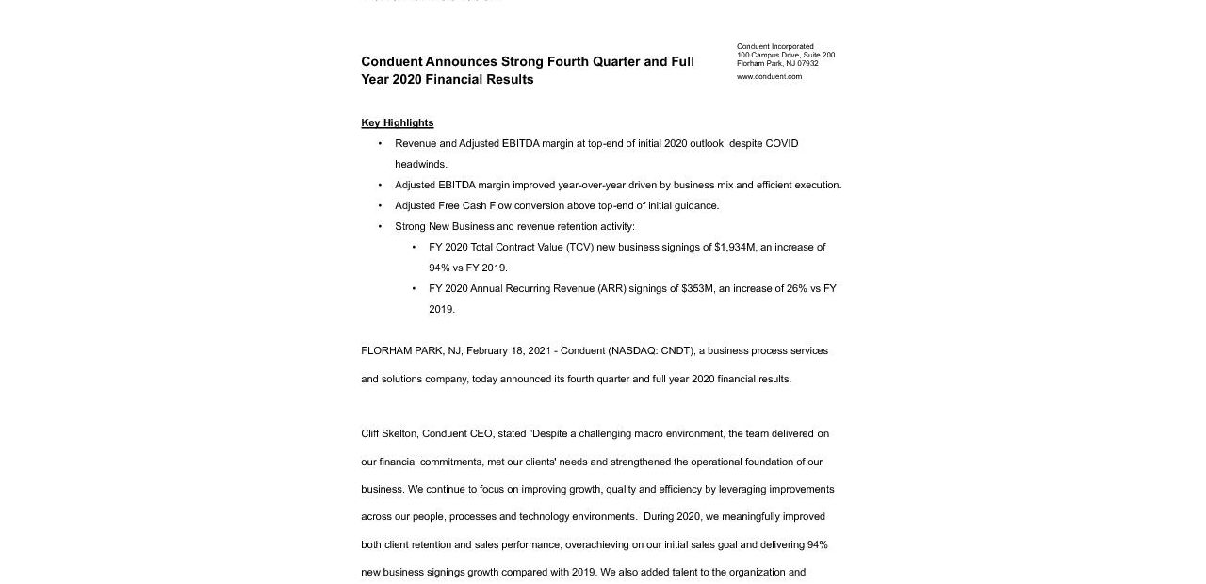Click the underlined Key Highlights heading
[397, 122]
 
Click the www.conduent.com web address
[769, 76]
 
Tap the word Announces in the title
[461, 61]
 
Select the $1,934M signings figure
[735, 247]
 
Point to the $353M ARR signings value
[697, 288]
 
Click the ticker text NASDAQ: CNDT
[651, 350]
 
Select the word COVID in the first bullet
[781, 143]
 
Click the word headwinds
[420, 164]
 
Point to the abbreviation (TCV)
[579, 247]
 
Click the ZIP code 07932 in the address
[808, 63]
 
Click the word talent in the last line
[681, 572]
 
